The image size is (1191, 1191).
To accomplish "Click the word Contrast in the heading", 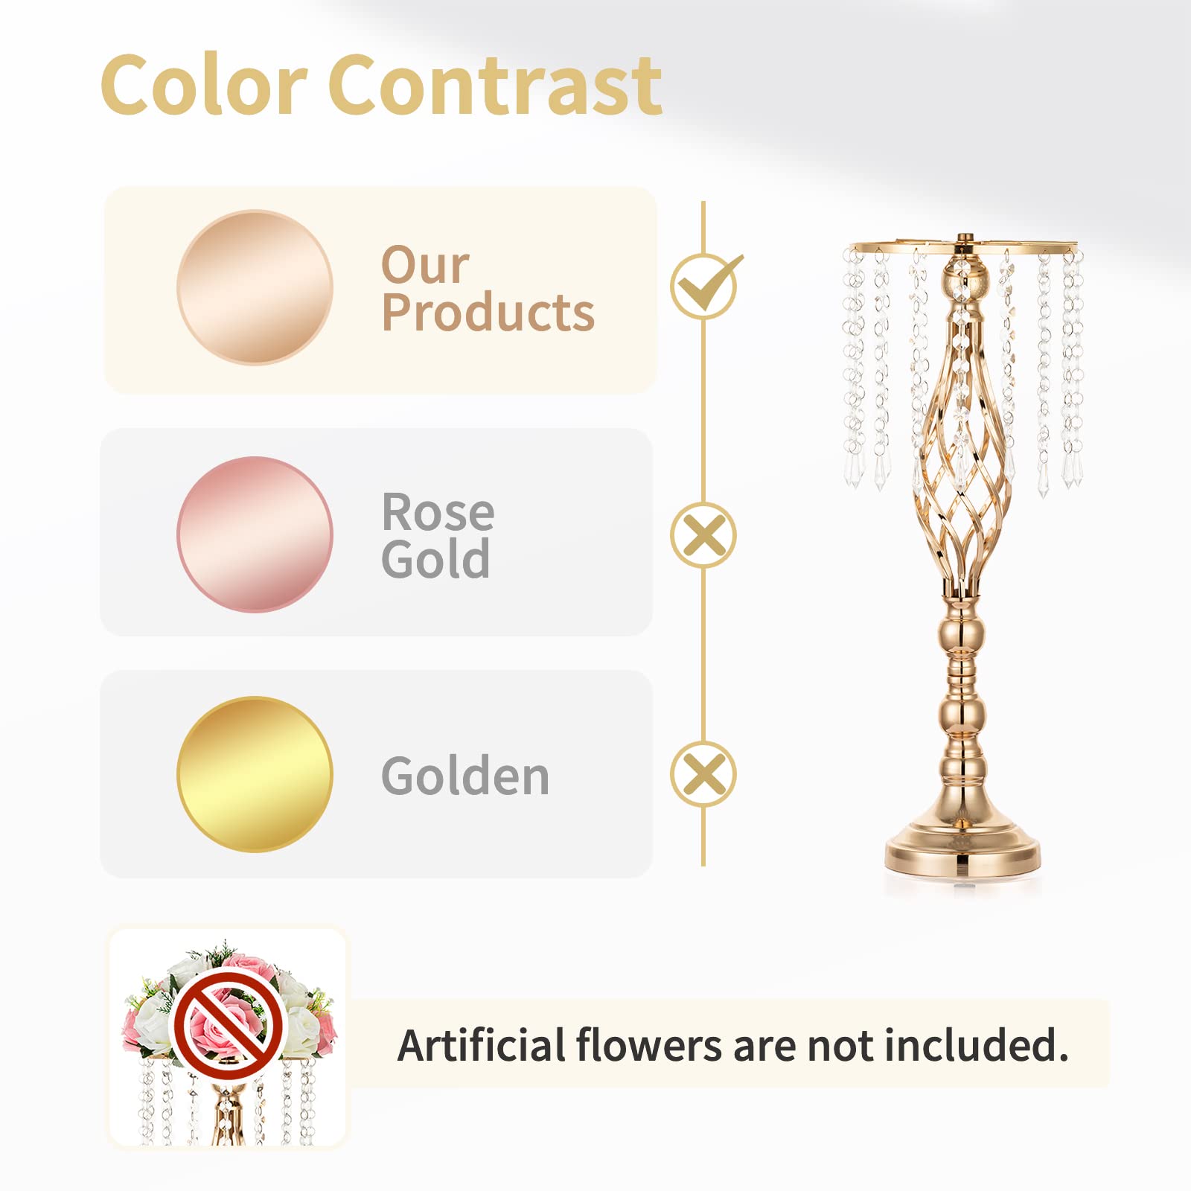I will [494, 86].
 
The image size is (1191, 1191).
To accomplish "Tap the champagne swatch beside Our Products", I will [255, 287].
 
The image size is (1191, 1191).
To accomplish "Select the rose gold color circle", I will [255, 534].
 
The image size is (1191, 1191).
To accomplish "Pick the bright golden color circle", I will [255, 774].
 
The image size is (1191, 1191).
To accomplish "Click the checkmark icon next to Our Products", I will [704, 286].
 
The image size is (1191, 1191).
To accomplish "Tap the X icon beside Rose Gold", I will [703, 535].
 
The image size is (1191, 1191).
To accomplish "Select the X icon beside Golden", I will [703, 774].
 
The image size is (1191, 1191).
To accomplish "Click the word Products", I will [488, 313].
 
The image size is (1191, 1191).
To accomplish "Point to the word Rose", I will [438, 512].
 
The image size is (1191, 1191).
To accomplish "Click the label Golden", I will [465, 776].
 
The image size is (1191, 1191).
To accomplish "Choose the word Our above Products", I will [425, 264].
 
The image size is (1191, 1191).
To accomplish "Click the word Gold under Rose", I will [435, 560].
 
